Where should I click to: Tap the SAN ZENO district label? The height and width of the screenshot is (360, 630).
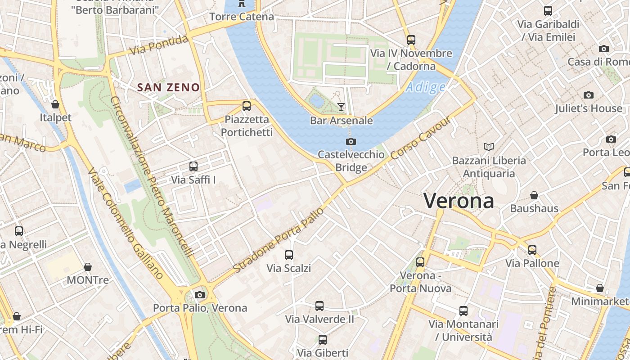click(x=168, y=87)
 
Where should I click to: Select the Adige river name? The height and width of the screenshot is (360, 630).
click(x=425, y=87)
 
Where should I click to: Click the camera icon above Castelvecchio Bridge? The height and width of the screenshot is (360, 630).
click(x=351, y=142)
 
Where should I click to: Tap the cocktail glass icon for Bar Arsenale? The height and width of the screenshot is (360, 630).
click(x=341, y=107)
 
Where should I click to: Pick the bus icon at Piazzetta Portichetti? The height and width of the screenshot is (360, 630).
click(x=247, y=106)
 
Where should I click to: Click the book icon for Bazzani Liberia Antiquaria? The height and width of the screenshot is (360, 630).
click(x=489, y=147)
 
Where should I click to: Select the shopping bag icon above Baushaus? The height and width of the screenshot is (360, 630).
click(x=534, y=195)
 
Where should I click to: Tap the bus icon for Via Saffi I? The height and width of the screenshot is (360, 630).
click(x=193, y=166)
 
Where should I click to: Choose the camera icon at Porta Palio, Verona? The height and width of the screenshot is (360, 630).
click(x=200, y=295)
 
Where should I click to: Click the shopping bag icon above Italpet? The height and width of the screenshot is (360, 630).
click(x=55, y=104)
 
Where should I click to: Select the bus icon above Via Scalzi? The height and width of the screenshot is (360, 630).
click(x=289, y=255)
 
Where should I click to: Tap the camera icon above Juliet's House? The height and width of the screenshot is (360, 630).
click(x=588, y=95)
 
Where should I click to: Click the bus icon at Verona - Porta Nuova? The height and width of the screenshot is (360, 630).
click(x=420, y=262)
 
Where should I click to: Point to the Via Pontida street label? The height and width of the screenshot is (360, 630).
click(x=159, y=45)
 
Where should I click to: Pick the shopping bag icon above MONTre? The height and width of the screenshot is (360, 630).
click(x=88, y=267)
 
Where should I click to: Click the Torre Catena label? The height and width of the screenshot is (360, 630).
click(x=242, y=17)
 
